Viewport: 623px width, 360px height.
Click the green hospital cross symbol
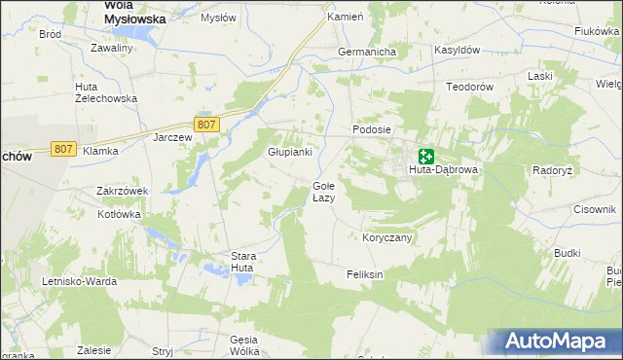pyautogui.click(x=426, y=156)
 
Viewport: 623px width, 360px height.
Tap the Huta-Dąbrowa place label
pyautogui.click(x=443, y=169)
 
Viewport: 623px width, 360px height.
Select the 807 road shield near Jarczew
pyautogui.click(x=205, y=125)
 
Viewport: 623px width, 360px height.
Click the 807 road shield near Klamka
pyautogui.click(x=64, y=148)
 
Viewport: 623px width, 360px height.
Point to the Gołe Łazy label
pyautogui.click(x=323, y=191)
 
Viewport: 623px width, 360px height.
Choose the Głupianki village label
pyautogui.click(x=290, y=152)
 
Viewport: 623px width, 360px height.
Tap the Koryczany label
pyautogui.click(x=387, y=237)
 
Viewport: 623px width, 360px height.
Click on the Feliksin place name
pyautogui.click(x=365, y=274)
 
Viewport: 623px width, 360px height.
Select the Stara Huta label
pyautogui.click(x=242, y=262)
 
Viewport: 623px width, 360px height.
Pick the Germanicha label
pyautogui.click(x=365, y=52)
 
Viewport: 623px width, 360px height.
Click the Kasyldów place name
pyautogui.click(x=455, y=49)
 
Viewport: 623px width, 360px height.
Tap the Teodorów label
pyautogui.click(x=471, y=87)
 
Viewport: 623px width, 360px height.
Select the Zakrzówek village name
pyautogui.click(x=122, y=191)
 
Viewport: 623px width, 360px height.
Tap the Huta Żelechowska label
pyautogui.click(x=106, y=92)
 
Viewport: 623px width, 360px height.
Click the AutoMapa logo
pyautogui.click(x=558, y=342)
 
